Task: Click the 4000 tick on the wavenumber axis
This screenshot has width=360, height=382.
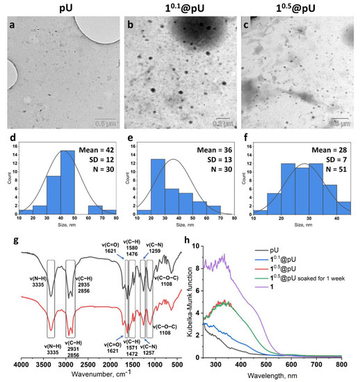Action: pyautogui.click(x=22, y=364)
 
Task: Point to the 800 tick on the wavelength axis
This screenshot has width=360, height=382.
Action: pyautogui.click(x=342, y=364)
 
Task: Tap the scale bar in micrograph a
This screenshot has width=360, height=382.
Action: pyautogui.click(x=101, y=104)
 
